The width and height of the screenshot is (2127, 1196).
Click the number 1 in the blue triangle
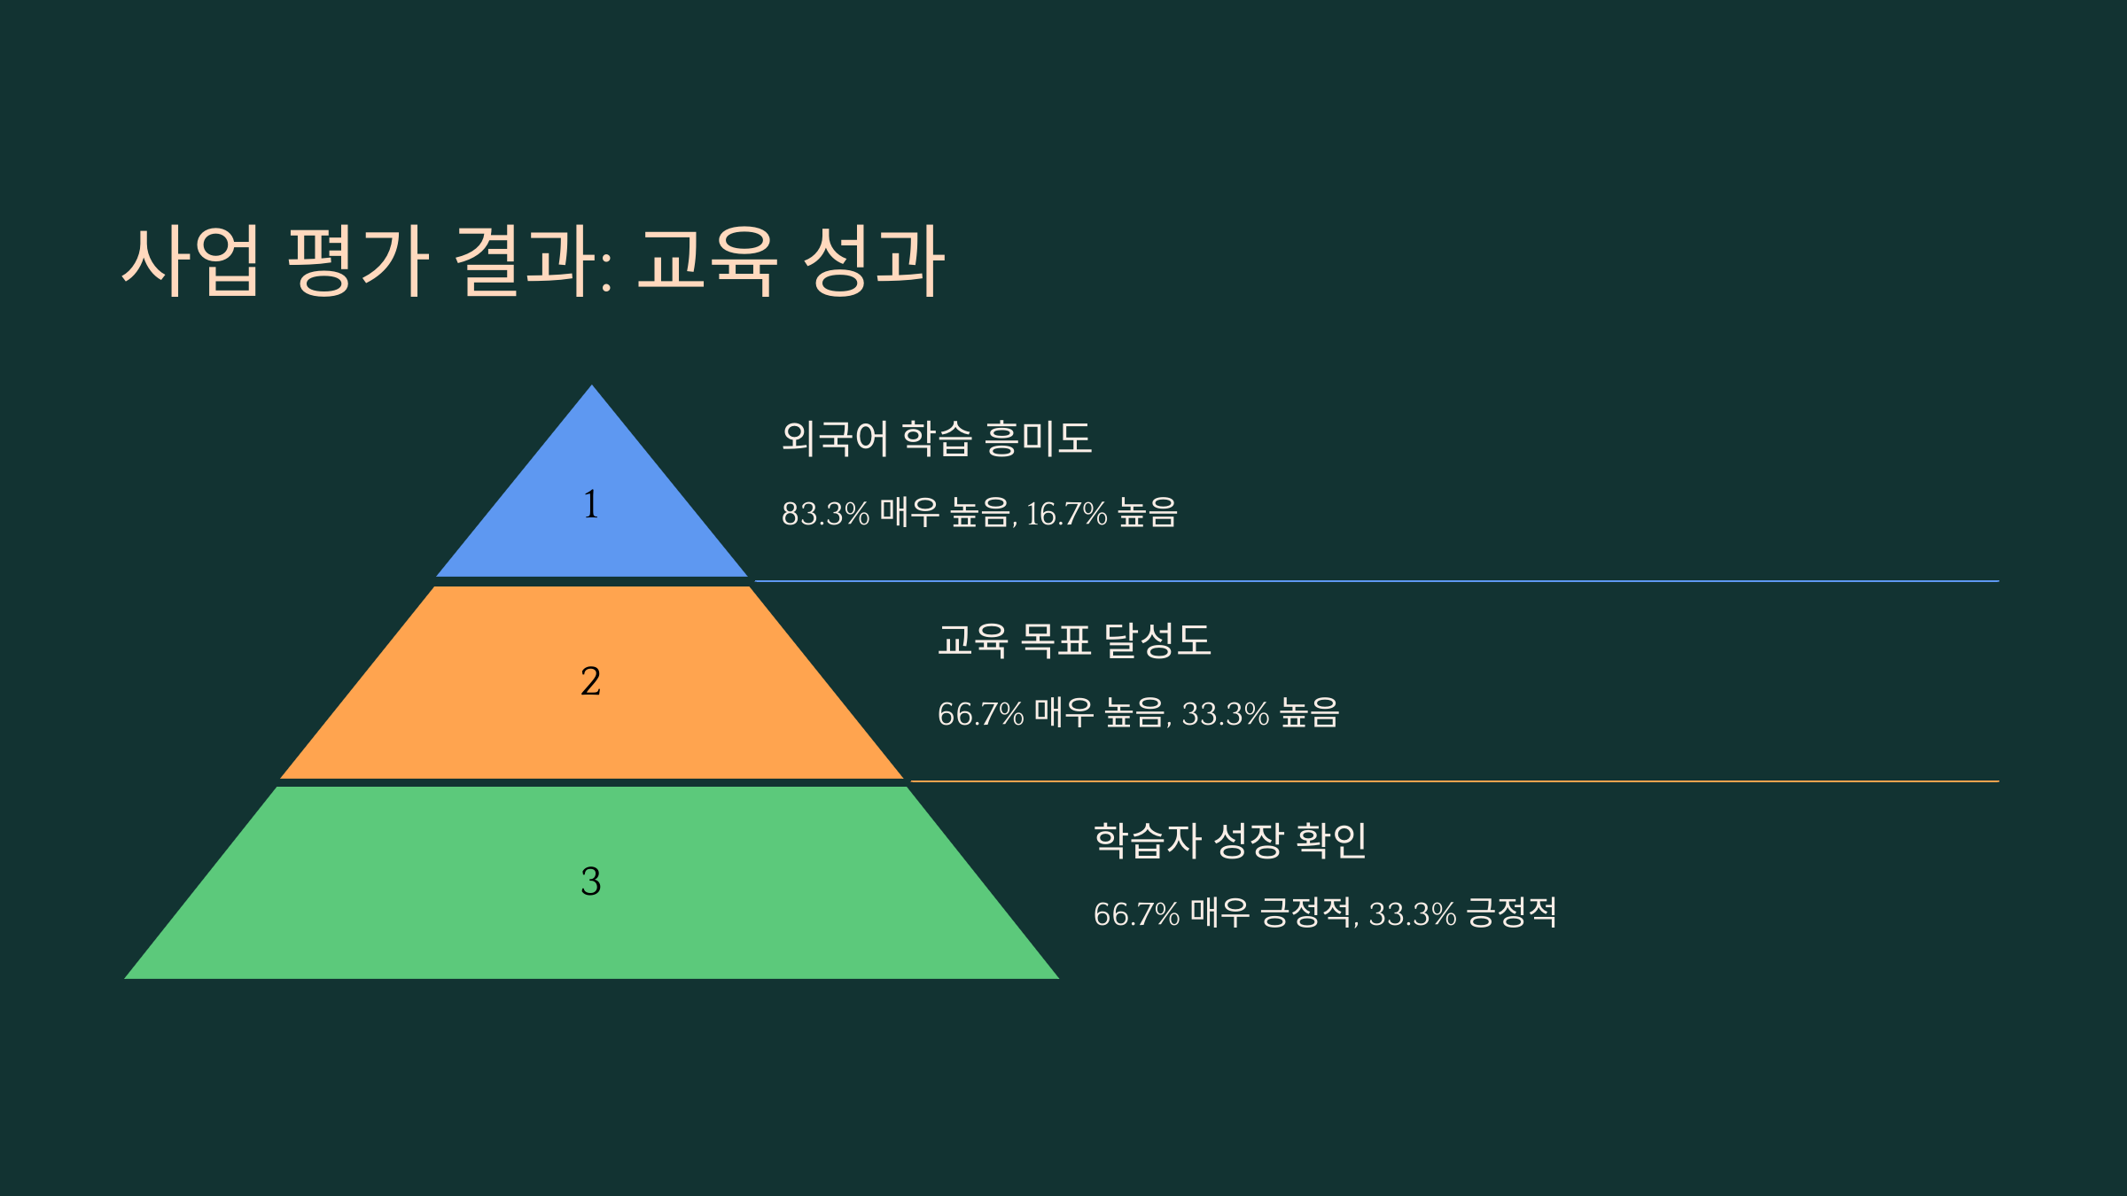tap(591, 503)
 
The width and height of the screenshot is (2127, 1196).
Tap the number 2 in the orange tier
tap(591, 680)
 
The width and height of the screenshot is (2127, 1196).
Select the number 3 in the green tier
tap(591, 881)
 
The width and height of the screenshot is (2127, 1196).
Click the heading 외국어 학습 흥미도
tap(937, 438)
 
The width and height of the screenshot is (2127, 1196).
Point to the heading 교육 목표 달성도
tap(1074, 639)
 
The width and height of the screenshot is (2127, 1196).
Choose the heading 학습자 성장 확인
tap(1230, 839)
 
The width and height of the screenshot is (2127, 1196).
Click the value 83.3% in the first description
tap(825, 514)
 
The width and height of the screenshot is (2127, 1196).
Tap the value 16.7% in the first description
tap(1066, 514)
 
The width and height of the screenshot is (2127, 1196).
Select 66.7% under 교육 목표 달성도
tap(980, 714)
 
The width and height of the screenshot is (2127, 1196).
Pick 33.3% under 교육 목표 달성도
tap(1226, 714)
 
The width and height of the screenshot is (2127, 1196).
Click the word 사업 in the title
tap(191, 260)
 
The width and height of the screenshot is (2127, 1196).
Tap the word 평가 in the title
tap(359, 260)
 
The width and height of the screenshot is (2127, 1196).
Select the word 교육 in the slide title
tap(707, 260)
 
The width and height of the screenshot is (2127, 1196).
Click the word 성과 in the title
tap(874, 260)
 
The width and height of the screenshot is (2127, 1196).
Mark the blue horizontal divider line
tap(1376, 581)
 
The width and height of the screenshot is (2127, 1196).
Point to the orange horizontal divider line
tap(1454, 781)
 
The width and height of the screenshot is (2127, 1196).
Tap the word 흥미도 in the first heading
tap(1038, 438)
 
